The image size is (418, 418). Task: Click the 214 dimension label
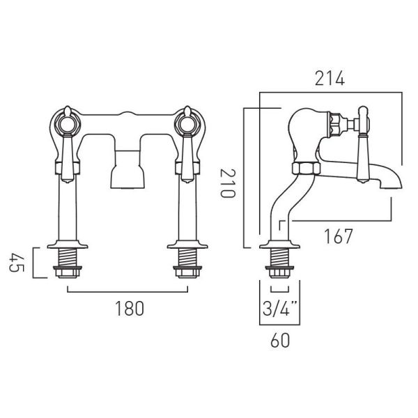330,79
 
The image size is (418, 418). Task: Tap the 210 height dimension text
228,183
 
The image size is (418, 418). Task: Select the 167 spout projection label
338,236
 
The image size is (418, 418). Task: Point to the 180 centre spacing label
130,309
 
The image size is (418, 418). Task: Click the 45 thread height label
17,263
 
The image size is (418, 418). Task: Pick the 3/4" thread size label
279,309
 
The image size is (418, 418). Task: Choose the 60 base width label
280,341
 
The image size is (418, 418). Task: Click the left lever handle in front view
67,157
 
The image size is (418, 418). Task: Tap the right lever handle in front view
187,157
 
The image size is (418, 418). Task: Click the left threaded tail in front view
67,257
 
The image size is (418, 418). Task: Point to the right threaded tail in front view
187,257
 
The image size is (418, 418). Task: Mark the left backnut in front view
68,272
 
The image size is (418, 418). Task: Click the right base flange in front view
187,245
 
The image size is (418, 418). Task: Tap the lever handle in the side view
363,145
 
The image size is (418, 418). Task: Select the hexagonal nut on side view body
306,169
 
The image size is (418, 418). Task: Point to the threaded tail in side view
279,257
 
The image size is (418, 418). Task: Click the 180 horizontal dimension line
127,292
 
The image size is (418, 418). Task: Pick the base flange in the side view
279,245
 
